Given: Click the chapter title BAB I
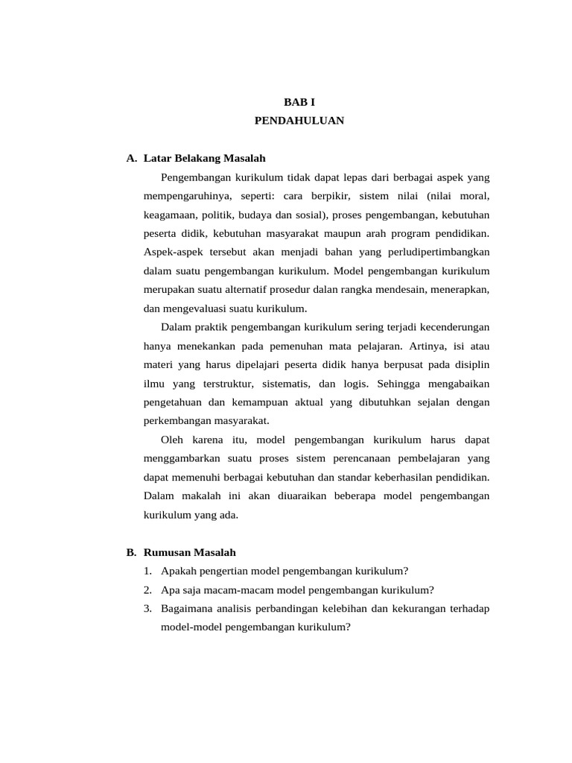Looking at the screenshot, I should [299, 101].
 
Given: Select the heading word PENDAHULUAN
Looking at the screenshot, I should [299, 120].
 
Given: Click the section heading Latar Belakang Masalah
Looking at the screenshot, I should [204, 158].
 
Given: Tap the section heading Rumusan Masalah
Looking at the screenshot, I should [189, 552].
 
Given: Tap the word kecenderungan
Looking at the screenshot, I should [446, 327].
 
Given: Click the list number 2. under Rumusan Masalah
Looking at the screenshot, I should [148, 589].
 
